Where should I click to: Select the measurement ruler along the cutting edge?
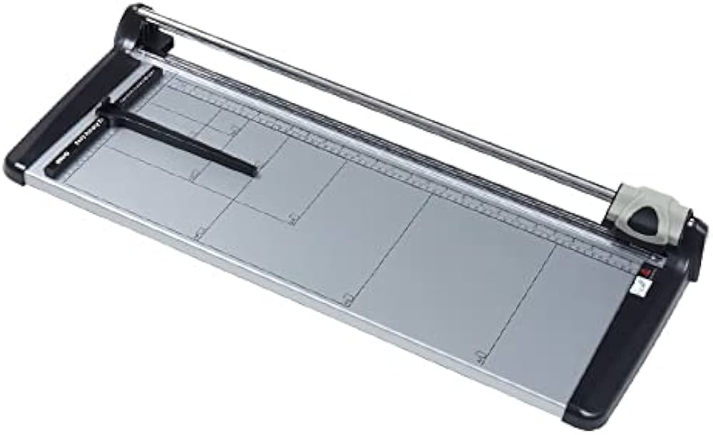428,178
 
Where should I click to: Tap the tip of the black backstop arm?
252,171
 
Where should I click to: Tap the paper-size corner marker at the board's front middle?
347,300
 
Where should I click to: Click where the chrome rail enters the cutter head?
619,194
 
